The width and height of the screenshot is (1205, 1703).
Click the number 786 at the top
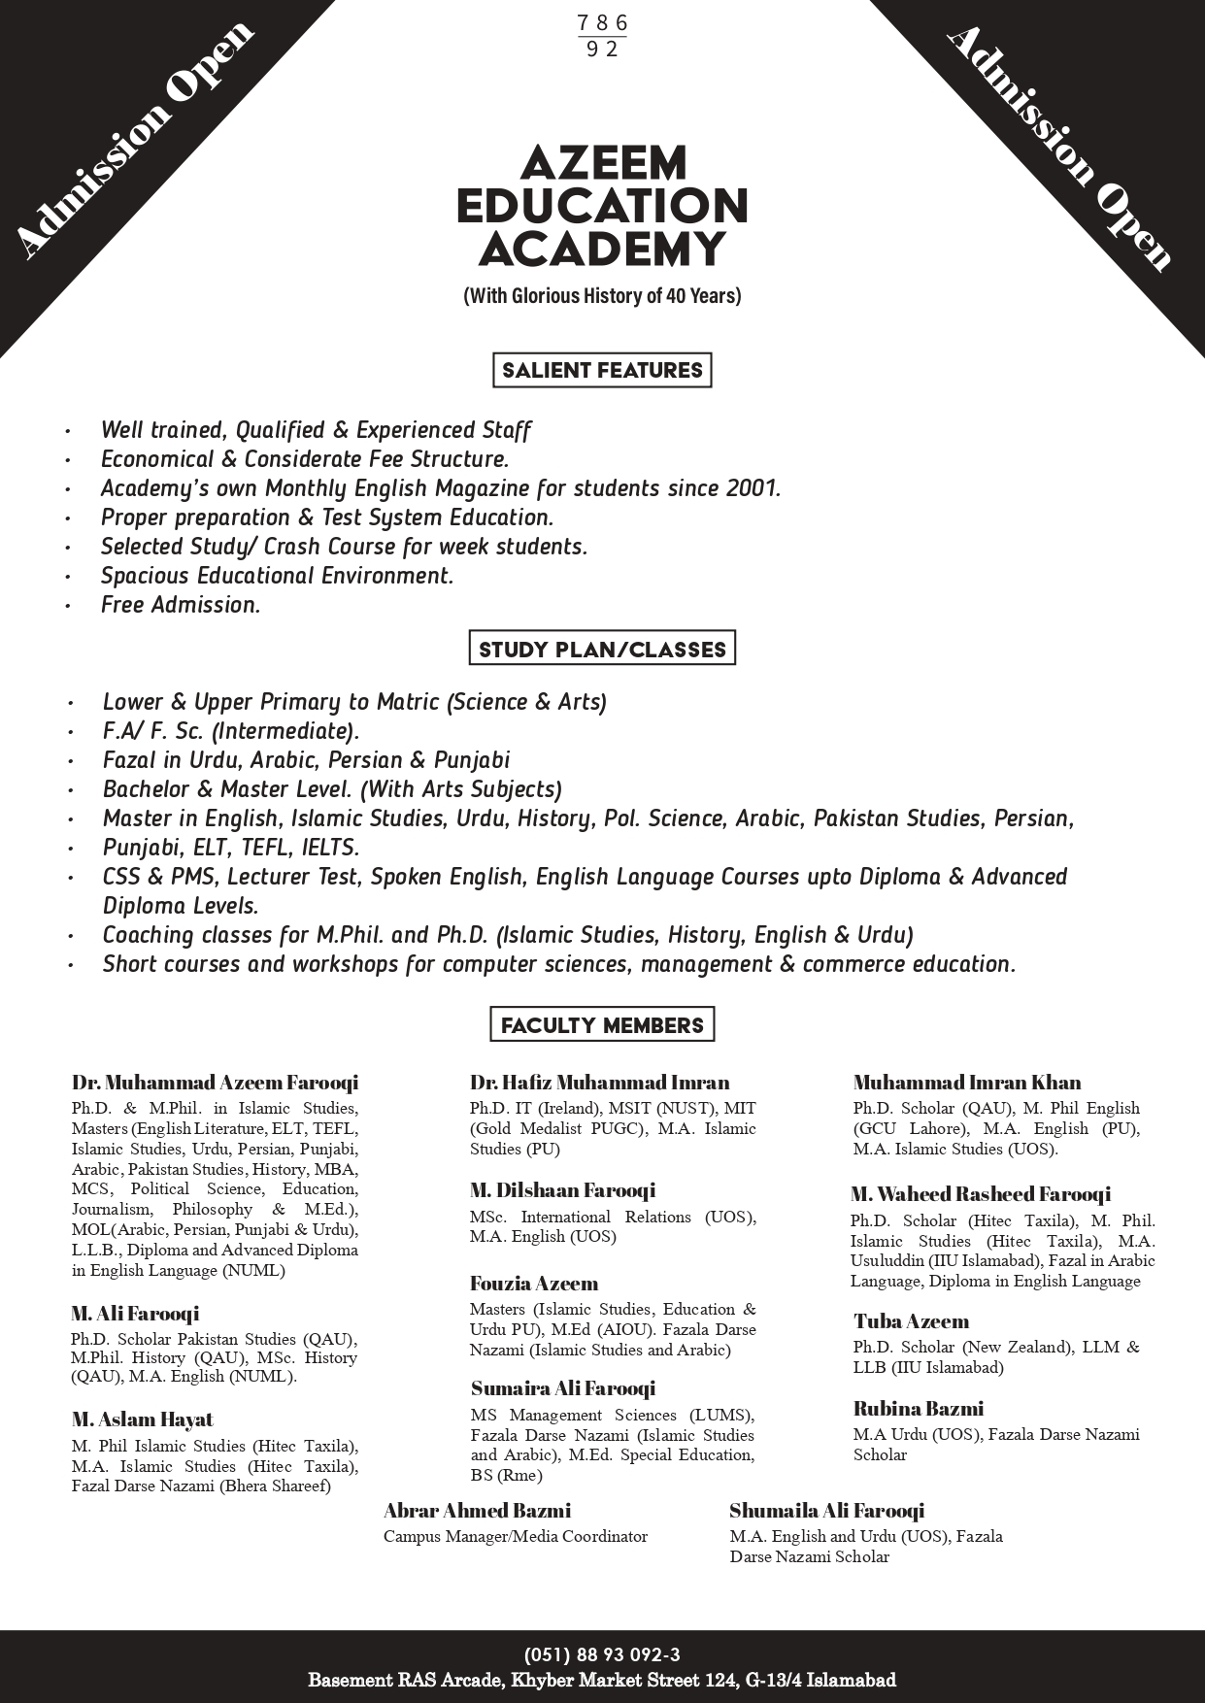[x=602, y=23]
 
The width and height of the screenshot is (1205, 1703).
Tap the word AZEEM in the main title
[x=603, y=163]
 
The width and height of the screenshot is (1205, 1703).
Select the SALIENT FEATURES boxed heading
[x=602, y=370]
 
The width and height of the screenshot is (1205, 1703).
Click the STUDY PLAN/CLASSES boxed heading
[x=602, y=649]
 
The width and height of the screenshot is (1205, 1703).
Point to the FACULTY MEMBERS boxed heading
[x=602, y=1025]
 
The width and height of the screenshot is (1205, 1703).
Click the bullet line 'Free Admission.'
[x=181, y=605]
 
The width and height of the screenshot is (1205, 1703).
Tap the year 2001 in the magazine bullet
[x=752, y=488]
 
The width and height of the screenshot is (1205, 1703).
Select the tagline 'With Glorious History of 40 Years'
[x=602, y=295]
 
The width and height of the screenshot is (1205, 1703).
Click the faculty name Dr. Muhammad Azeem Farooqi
[x=215, y=1083]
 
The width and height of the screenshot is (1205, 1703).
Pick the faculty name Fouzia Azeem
[x=534, y=1284]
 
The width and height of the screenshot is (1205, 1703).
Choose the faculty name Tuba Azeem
[x=911, y=1321]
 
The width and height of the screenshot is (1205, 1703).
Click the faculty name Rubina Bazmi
[x=919, y=1409]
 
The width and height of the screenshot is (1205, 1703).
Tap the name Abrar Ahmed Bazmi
[x=477, y=1510]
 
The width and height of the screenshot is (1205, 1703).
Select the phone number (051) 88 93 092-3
[x=602, y=1655]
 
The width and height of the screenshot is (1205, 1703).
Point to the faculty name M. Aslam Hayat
[x=142, y=1419]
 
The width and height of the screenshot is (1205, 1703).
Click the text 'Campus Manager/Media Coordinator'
[x=515, y=1536]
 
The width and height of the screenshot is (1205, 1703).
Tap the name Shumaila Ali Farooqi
[x=826, y=1510]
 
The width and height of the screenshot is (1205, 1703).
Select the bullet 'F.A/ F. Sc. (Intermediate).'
[x=231, y=731]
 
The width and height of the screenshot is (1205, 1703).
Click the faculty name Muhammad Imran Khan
[x=967, y=1083]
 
